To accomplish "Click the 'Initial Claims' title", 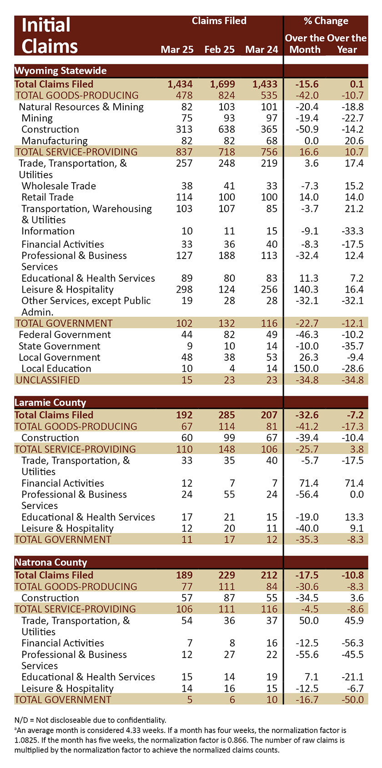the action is pos(50,35).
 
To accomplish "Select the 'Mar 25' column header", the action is pos(177,50).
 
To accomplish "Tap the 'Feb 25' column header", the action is pos(219,50).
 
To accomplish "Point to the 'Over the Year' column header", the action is pos(347,44).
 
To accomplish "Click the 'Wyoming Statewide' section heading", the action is pos(60,70).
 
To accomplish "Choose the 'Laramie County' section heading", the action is pos(50,402).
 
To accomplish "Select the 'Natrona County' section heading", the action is pos(51,562).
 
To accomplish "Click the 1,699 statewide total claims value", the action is pos(222,84).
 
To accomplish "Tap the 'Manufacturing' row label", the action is pos(54,141).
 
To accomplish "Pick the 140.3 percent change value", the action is pos(306,289).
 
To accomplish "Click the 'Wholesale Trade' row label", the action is pos(59,186).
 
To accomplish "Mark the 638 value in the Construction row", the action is pos(227,129).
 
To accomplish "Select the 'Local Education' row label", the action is pos(56,369).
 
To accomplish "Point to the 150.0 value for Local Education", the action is pos(306,369).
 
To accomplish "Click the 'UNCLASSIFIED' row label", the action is pos(48,380).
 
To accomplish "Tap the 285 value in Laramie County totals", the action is pos(227,415).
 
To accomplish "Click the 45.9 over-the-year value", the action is pos(354,621).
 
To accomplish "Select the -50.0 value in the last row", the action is pos(352,699).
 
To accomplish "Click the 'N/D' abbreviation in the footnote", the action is pos(21,720).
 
